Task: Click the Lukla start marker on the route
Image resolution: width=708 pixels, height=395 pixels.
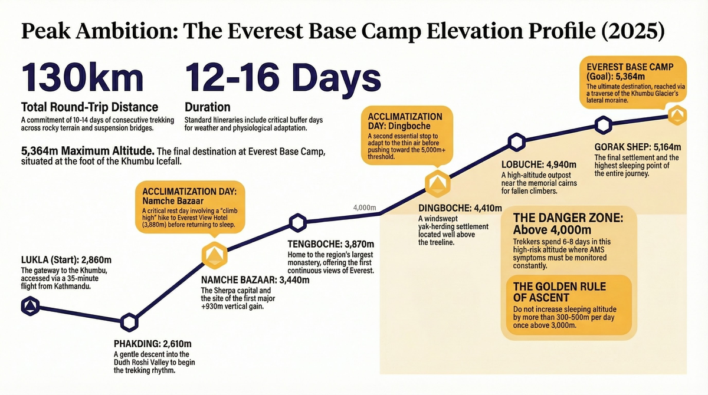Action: [30, 305]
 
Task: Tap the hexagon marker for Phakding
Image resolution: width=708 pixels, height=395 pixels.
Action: [129, 321]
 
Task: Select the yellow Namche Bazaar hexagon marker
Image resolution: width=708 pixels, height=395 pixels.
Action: [214, 254]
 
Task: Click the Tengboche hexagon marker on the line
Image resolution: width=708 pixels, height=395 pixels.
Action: [298, 223]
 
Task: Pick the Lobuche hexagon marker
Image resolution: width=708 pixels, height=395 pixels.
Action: [517, 142]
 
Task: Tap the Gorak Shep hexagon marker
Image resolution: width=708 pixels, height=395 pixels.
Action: [603, 124]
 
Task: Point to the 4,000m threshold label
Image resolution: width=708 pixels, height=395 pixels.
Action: [365, 208]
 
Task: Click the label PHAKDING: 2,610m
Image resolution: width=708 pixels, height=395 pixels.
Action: [152, 344]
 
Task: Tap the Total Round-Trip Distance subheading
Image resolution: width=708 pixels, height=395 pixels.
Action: [89, 107]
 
